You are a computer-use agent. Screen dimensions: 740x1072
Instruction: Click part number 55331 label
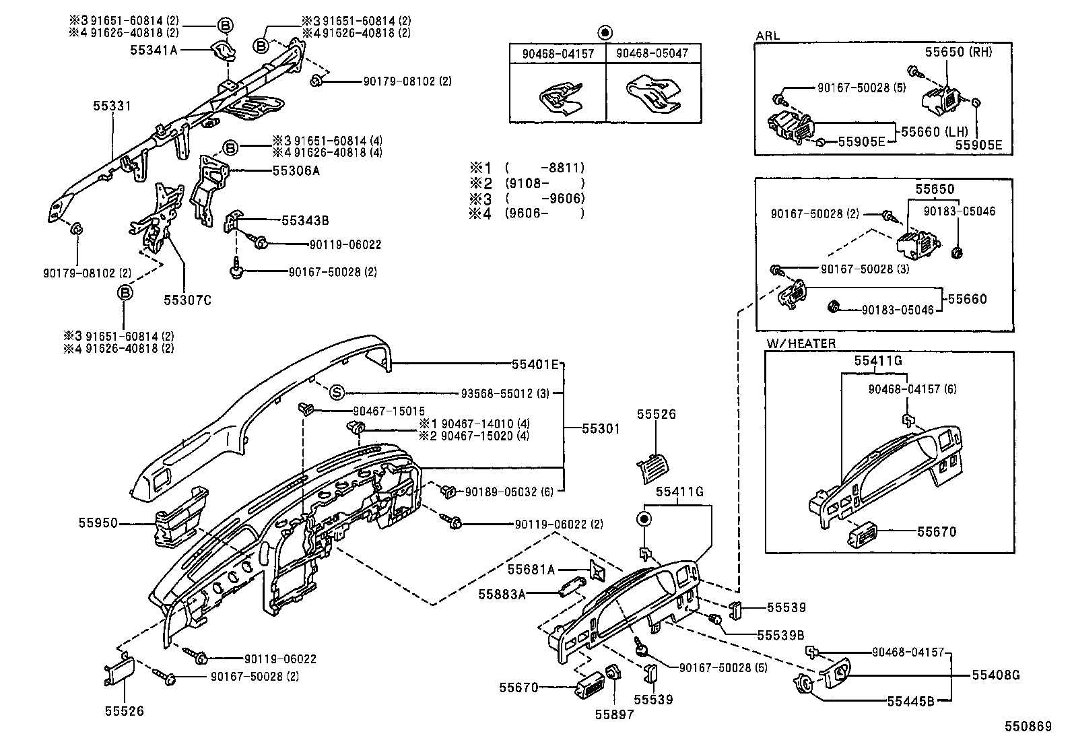[111, 106]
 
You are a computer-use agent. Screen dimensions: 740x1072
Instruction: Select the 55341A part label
[154, 50]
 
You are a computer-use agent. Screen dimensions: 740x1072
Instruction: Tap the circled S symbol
[337, 393]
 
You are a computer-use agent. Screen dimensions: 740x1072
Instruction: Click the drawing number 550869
[1028, 727]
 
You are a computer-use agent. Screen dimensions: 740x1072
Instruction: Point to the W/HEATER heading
[801, 343]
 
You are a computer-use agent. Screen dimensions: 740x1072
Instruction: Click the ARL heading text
[768, 36]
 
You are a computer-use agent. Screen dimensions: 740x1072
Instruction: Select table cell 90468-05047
[652, 53]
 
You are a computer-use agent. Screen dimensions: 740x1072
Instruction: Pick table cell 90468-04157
[558, 53]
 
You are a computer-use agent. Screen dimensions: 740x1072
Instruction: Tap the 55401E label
[535, 364]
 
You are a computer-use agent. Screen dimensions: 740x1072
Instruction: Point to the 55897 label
[614, 715]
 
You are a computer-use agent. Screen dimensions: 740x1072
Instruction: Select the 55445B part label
[910, 701]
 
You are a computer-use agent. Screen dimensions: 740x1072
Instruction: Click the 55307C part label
[187, 300]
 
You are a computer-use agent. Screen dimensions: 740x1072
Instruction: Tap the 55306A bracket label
[296, 171]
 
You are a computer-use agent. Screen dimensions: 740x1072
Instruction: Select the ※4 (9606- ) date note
[527, 213]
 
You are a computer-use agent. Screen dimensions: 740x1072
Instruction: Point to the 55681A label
[531, 570]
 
